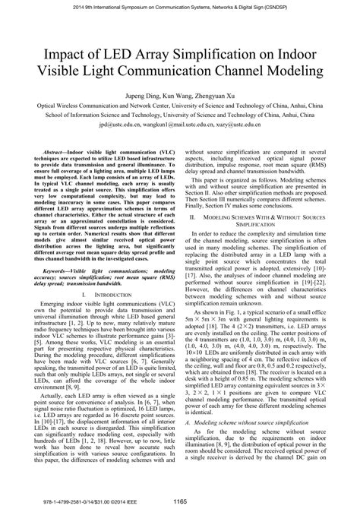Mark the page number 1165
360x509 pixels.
click(x=180, y=501)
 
